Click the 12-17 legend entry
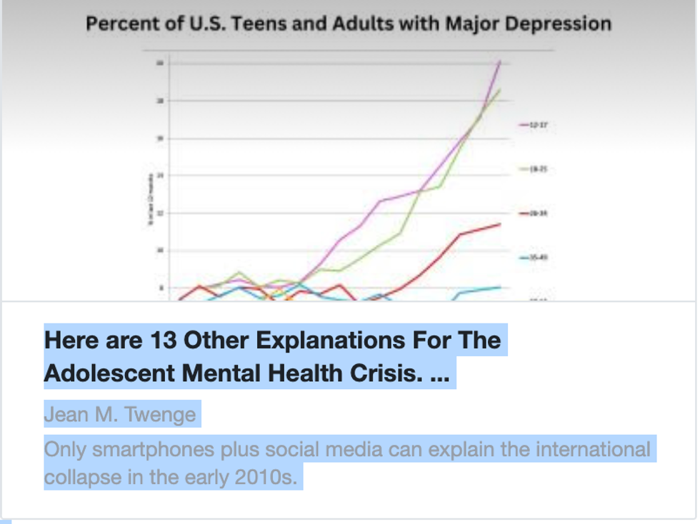tap(534, 125)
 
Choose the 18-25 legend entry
tap(534, 169)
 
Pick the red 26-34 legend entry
tap(534, 213)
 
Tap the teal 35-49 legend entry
tap(534, 257)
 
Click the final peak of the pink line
tap(499, 62)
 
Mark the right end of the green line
tap(499, 90)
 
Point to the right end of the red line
tap(500, 224)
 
